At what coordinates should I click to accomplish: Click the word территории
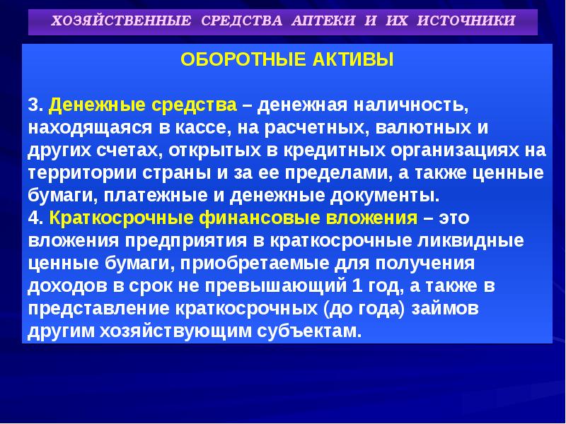tap(74, 172)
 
